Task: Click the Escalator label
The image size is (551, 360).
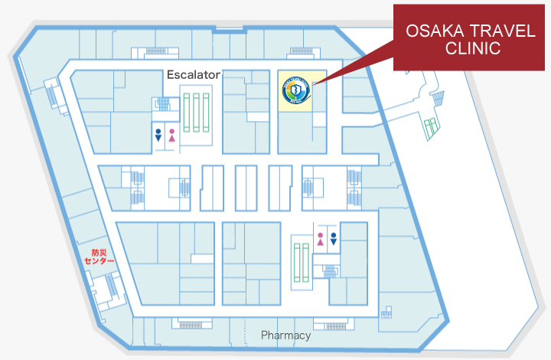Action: click(x=194, y=75)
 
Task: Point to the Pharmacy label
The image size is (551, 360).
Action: click(x=285, y=335)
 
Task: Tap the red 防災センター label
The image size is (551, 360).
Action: click(x=99, y=257)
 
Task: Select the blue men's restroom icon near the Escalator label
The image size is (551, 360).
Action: click(x=158, y=136)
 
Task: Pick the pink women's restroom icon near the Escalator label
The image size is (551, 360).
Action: click(x=172, y=136)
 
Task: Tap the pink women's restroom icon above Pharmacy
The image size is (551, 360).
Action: click(x=320, y=238)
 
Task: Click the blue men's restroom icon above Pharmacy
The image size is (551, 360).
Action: click(x=334, y=238)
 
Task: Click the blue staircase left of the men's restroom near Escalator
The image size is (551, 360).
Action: click(x=161, y=105)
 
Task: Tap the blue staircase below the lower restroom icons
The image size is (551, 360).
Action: click(x=331, y=270)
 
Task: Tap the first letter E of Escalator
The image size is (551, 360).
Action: click(x=171, y=75)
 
